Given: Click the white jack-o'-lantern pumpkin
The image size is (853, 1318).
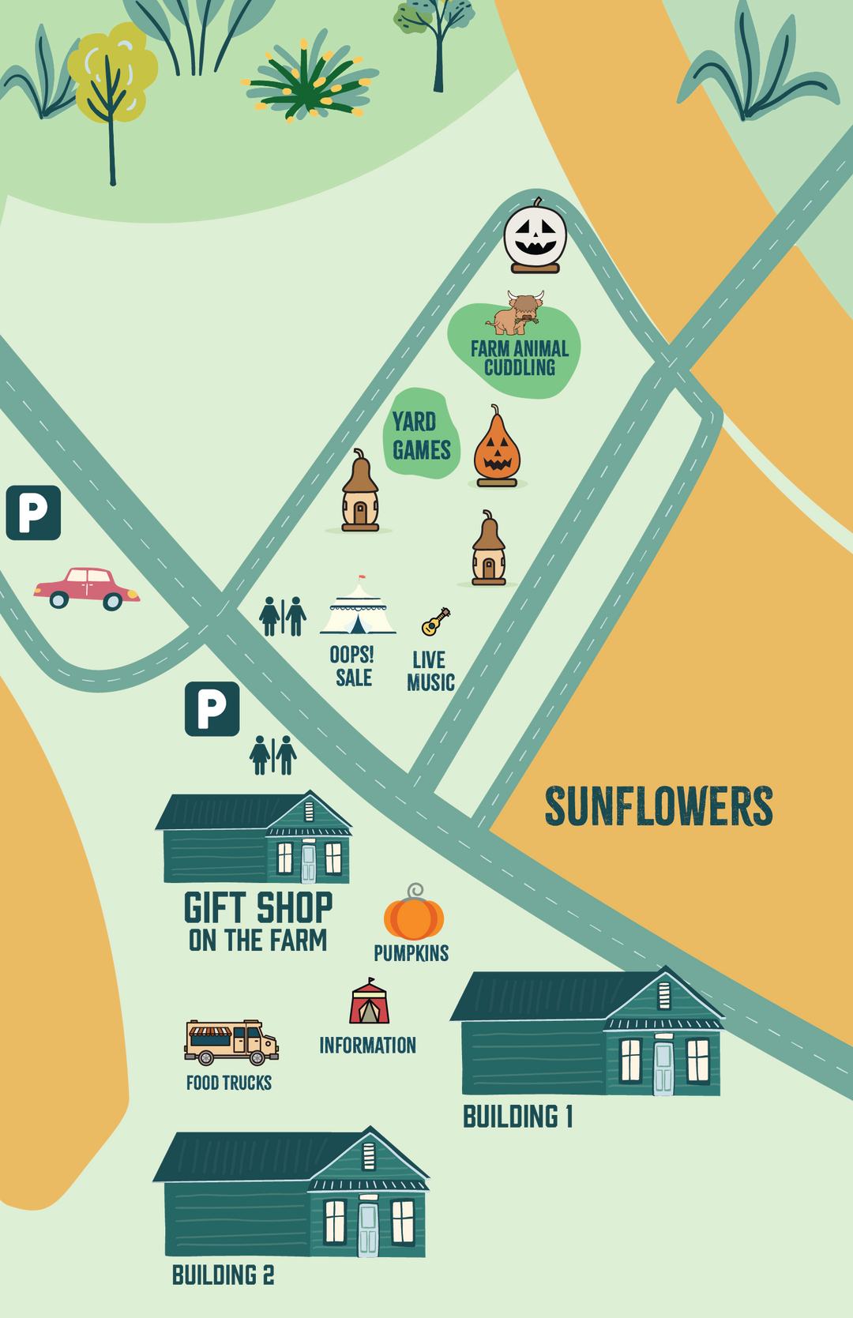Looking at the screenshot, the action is coord(535,237).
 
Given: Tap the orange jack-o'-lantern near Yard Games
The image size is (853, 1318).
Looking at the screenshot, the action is coord(497,450).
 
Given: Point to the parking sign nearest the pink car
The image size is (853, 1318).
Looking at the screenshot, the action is coord(33,513).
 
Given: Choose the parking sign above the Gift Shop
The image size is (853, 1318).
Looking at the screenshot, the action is coord(212,708).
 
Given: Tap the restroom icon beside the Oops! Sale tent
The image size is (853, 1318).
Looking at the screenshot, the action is coord(283,617).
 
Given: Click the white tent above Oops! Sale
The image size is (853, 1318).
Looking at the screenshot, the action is coord(358,609).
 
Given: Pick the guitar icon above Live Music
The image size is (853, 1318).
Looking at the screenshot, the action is coord(435,621).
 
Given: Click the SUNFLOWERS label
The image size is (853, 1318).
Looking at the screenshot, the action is coord(659,806).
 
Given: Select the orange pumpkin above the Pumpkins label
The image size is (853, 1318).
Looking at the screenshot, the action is coord(414,916).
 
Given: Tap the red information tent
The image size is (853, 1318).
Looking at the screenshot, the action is coord(370,1003).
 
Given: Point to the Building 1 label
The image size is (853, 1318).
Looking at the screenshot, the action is coord(517,1117).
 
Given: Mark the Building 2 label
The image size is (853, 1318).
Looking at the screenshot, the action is coord(224,1275).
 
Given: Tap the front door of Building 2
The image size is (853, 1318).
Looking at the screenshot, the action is coord(368,1228).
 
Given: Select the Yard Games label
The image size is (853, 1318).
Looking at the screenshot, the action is coord(421,436).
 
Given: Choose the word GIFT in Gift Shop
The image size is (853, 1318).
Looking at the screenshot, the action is coord(214,908).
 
